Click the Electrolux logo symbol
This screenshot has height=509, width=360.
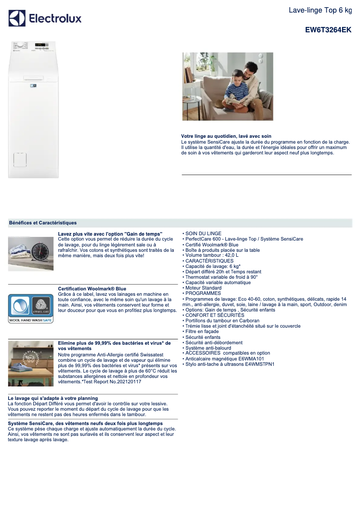17,18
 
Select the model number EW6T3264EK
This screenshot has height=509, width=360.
328,30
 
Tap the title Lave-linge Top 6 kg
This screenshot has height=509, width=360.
320,10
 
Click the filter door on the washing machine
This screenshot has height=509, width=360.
20,159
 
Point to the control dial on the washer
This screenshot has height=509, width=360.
19,45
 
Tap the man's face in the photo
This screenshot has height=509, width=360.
248,72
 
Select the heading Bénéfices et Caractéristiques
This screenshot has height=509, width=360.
43,223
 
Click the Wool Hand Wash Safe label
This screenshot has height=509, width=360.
31,320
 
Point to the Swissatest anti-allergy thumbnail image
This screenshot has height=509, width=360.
31,363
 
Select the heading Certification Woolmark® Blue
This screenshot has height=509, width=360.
92,289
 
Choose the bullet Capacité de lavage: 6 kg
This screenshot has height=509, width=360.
213,266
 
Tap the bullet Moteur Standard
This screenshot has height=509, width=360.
203,288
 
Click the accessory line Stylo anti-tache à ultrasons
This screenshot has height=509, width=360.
229,364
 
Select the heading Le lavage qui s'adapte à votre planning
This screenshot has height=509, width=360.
53,398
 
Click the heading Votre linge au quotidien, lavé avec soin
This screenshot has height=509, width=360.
226,136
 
